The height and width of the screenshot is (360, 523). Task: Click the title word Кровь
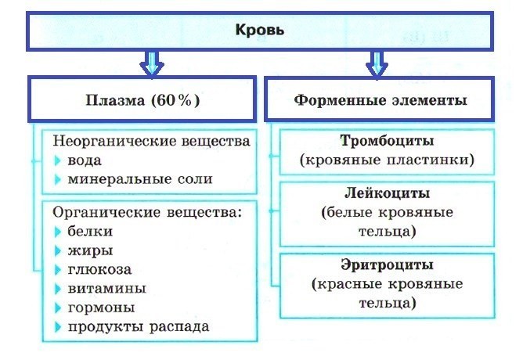[259, 30]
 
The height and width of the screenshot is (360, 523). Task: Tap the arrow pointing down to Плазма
[152, 64]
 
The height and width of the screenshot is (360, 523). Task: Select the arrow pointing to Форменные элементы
[377, 64]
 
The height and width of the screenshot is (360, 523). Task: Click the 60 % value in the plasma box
[175, 100]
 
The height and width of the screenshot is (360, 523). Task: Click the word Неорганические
[114, 141]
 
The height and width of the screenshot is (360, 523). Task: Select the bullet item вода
[85, 160]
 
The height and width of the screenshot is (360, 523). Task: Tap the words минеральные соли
[140, 179]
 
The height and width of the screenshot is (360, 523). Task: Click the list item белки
[90, 231]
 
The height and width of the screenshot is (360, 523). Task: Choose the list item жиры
[90, 250]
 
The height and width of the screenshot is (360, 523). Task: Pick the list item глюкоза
[99, 269]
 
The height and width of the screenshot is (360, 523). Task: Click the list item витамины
[107, 288]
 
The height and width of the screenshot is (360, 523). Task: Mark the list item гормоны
[102, 308]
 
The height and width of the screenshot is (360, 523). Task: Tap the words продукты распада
[139, 326]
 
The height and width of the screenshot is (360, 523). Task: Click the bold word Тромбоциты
[387, 141]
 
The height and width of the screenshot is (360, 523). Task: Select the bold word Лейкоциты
[387, 193]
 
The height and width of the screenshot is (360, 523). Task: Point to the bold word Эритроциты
[387, 265]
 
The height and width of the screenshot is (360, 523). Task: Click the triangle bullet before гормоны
[58, 308]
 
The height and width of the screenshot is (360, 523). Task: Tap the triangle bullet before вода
[58, 160]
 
